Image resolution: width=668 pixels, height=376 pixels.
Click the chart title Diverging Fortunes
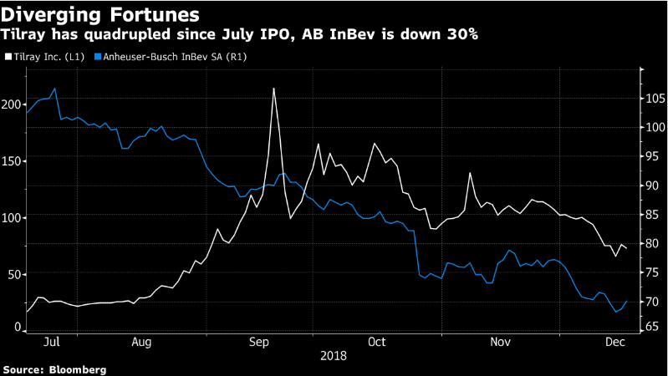(100, 14)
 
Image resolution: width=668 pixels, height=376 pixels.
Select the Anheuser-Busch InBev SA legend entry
(176, 57)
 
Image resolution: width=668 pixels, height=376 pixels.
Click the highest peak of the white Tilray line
(273, 88)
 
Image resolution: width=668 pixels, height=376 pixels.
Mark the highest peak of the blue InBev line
(54, 88)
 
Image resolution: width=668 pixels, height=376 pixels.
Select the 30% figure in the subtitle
(461, 35)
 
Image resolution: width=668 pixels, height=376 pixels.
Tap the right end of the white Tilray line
(627, 249)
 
